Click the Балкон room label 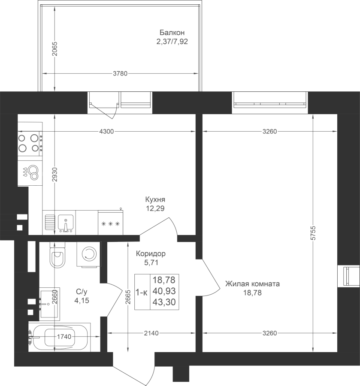(x=172, y=33)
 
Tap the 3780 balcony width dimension (x=120, y=73)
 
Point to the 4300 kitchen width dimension (x=106, y=132)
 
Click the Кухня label (x=155, y=199)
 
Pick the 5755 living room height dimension (x=313, y=233)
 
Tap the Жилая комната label (x=252, y=284)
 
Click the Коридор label (x=151, y=253)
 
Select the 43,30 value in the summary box (x=164, y=302)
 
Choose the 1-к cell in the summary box (x=142, y=293)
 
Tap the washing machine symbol (x=88, y=254)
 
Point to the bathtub (x=59, y=337)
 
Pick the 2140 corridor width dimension (x=151, y=333)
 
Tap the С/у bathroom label (x=82, y=292)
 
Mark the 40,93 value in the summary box (x=164, y=291)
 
